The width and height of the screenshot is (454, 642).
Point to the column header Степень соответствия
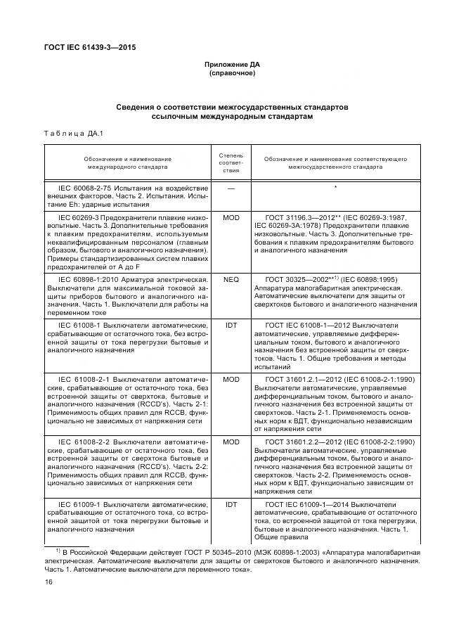click(x=231, y=162)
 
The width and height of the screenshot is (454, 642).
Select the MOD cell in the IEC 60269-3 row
click(x=231, y=218)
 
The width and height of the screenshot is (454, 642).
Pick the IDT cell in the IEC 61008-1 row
click(x=231, y=325)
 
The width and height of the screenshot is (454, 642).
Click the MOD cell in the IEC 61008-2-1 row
click(x=231, y=378)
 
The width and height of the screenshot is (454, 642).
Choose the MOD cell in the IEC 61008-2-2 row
click(x=231, y=442)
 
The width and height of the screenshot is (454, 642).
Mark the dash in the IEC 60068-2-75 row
click(x=231, y=188)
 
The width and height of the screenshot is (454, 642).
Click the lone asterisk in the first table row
click(x=335, y=188)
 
